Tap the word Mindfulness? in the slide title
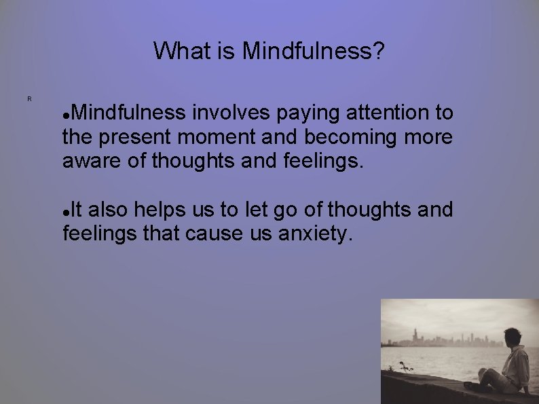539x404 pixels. [x=314, y=51]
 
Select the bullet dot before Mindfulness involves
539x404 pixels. [x=65, y=113]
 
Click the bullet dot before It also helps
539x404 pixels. [x=65, y=212]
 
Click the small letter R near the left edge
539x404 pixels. [x=29, y=99]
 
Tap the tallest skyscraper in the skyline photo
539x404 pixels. [x=414, y=335]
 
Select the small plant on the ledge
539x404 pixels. [x=405, y=367]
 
